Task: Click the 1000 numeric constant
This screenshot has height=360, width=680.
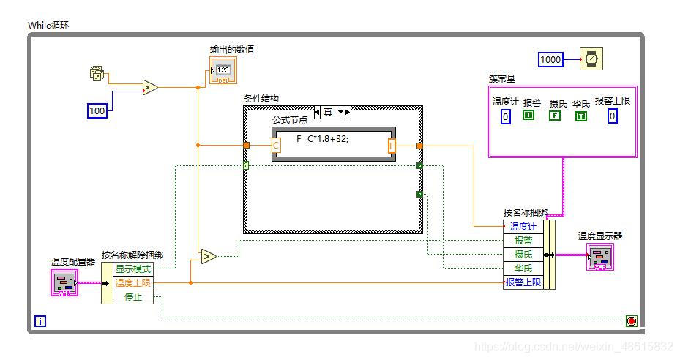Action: pos(551,59)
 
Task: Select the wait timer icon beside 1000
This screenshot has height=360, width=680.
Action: pos(590,59)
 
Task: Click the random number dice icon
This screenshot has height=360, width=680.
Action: pos(97,73)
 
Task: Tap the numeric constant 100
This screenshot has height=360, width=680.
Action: pos(97,110)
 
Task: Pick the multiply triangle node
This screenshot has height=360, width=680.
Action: pos(150,88)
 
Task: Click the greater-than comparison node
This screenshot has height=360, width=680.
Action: pos(209,256)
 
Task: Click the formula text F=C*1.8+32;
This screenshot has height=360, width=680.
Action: pos(323,138)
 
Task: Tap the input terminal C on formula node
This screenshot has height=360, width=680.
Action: pos(276,146)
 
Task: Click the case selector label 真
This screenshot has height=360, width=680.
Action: pos(328,112)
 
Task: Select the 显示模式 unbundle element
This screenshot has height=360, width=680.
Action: pos(134,269)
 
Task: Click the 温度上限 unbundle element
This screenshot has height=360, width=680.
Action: pos(134,282)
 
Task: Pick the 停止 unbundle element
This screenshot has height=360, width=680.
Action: pos(132,296)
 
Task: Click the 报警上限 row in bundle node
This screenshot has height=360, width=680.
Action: pos(524,282)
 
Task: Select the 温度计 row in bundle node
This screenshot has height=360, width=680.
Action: pos(523,226)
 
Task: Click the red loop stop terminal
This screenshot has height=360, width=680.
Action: pos(631,320)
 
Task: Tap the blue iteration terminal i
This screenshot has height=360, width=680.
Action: pos(40,320)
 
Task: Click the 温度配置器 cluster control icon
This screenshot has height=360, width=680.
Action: pos(64,282)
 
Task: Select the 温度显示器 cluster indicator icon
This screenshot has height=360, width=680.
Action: pos(600,256)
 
